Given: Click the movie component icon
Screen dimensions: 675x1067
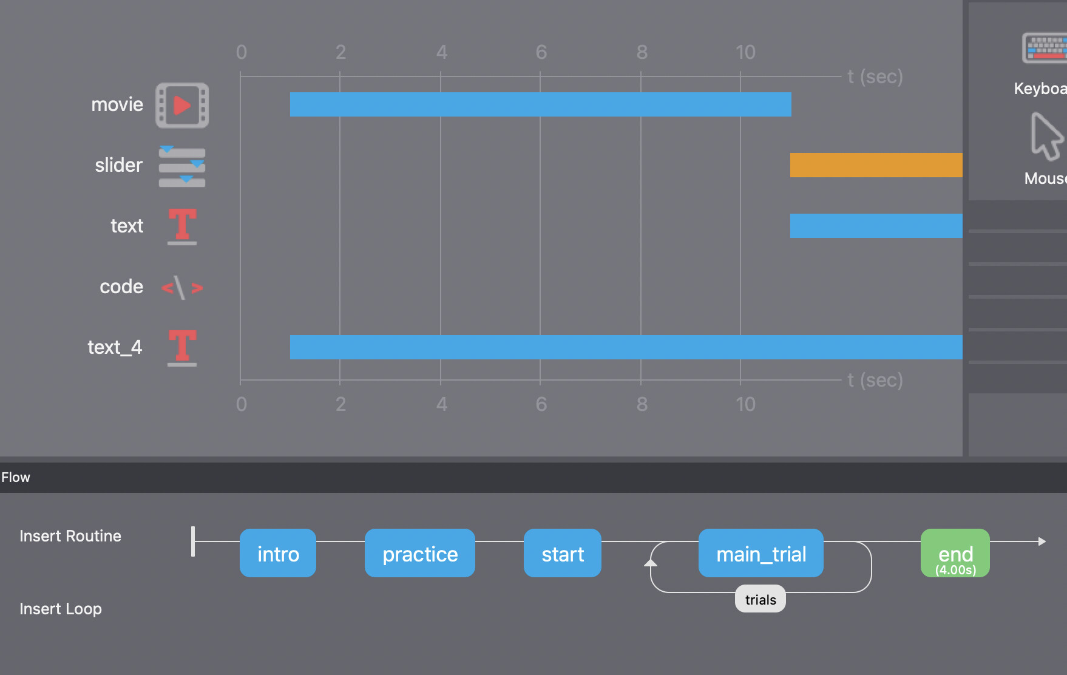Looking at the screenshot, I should pyautogui.click(x=182, y=105).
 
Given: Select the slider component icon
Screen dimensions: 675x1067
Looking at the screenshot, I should pyautogui.click(x=182, y=166).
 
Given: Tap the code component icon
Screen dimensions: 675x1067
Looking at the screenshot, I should pyautogui.click(x=182, y=287).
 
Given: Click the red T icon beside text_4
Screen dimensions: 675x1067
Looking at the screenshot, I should pyautogui.click(x=182, y=348).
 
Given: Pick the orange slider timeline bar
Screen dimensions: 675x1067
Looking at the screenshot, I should pyautogui.click(x=876, y=165).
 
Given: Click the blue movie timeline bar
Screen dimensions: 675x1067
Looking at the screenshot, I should pyautogui.click(x=540, y=104).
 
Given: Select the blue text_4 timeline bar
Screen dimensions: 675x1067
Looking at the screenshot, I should pyautogui.click(x=625, y=347).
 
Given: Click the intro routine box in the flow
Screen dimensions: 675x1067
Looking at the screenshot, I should pyautogui.click(x=278, y=553).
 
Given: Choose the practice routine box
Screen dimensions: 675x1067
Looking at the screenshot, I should pyautogui.click(x=420, y=553).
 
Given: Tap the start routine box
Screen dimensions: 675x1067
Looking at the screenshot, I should pyautogui.click(x=563, y=553).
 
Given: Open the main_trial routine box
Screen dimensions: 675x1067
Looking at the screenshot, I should pyautogui.click(x=761, y=553).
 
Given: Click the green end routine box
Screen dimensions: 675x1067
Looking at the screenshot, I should pyautogui.click(x=955, y=553).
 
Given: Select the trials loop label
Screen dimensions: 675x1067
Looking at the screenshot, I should pyautogui.click(x=760, y=599).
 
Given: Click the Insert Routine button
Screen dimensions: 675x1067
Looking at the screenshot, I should pyautogui.click(x=70, y=536).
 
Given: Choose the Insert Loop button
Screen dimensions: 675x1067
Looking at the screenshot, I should pyautogui.click(x=61, y=609).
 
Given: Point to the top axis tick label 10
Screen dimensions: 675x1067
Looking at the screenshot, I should pyautogui.click(x=745, y=52).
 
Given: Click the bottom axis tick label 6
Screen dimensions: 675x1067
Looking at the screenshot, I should pyautogui.click(x=541, y=404).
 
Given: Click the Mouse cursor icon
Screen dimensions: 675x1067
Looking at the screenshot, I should pyautogui.click(x=1046, y=137).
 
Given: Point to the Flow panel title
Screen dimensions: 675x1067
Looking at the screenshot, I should pyautogui.click(x=16, y=477).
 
